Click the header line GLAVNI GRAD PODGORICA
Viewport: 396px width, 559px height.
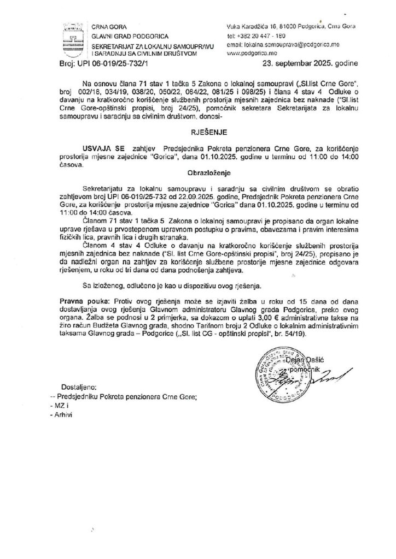[123, 35]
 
